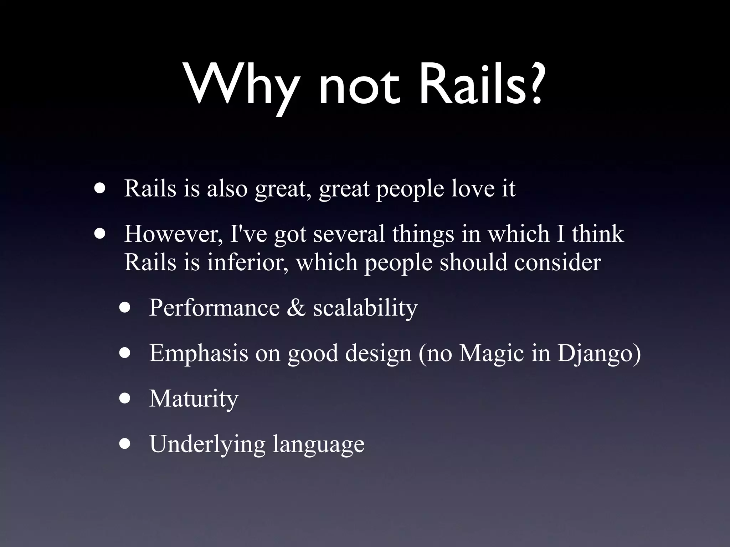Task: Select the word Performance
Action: point(214,307)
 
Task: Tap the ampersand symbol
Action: point(296,307)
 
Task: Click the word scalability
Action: point(365,308)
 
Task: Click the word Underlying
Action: point(207,444)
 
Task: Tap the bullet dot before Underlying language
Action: point(125,444)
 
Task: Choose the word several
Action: point(349,234)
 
